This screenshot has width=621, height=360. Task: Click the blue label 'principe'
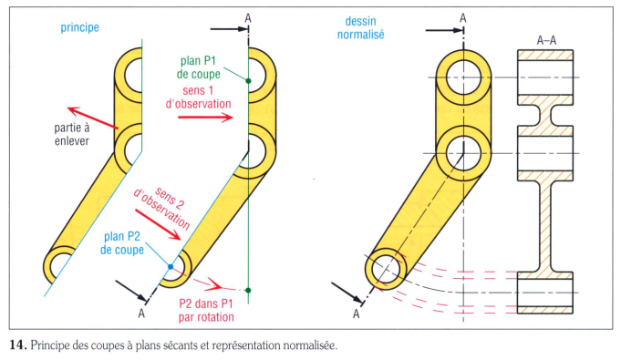(x=79, y=27)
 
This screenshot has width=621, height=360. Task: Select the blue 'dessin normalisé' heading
(x=360, y=27)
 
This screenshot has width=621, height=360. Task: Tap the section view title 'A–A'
(x=546, y=40)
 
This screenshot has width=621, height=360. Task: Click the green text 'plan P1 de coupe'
(x=199, y=67)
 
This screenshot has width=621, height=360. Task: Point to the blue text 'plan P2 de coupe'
(x=122, y=243)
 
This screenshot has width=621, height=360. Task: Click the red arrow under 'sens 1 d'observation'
(x=205, y=117)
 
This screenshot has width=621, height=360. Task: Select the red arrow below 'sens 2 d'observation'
(x=158, y=224)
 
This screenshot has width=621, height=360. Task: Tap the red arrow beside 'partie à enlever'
(x=93, y=118)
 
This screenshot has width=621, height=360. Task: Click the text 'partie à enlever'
(x=72, y=134)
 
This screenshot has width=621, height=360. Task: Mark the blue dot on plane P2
(x=171, y=267)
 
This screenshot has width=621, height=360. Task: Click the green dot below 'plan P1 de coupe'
(x=248, y=81)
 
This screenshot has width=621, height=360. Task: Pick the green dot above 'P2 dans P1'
(x=248, y=291)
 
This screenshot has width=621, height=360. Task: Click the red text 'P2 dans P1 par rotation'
(x=206, y=311)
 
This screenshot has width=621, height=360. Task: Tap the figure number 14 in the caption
(x=18, y=345)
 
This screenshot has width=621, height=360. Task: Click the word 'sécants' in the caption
(x=181, y=345)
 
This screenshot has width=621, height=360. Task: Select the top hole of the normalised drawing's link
(x=463, y=77)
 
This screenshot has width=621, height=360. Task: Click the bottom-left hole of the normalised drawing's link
(x=386, y=269)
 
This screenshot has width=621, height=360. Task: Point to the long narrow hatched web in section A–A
(x=545, y=226)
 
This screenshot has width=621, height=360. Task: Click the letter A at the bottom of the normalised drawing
(x=357, y=314)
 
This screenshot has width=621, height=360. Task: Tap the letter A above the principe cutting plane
(x=248, y=18)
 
